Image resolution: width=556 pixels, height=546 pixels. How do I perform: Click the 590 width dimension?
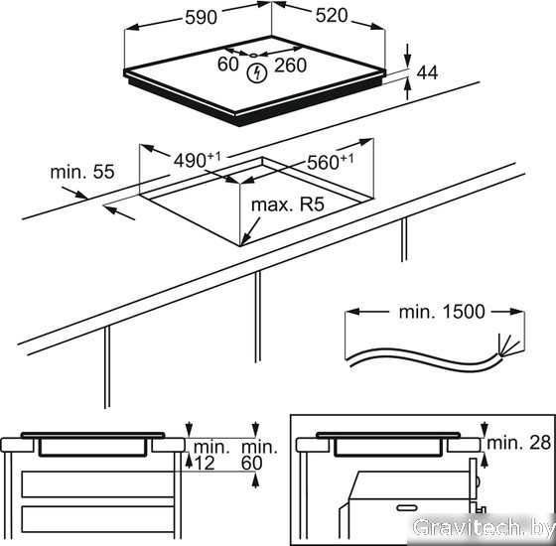tap(201, 18)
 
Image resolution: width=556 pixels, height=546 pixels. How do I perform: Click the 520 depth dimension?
tap(332, 16)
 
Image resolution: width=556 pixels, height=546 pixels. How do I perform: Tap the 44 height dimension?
tap(427, 72)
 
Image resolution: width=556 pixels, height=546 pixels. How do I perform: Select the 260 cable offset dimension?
tap(290, 66)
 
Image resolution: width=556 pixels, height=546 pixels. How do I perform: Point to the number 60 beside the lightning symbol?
tap(227, 65)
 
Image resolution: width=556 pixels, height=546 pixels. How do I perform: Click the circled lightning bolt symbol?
tap(256, 73)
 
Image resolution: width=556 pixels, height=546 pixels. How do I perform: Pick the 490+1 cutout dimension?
tap(197, 160)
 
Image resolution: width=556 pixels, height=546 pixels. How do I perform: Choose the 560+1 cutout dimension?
tap(330, 162)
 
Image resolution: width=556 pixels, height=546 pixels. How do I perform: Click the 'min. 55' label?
tap(82, 172)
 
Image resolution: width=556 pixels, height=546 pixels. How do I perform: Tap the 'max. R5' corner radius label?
tap(288, 205)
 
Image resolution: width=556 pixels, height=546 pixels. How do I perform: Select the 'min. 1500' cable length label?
tap(442, 312)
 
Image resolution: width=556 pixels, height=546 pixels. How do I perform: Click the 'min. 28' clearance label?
tap(519, 442)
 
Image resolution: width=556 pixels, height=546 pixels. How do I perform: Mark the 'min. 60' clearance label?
tap(259, 455)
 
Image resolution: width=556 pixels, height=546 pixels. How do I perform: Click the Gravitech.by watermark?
tap(484, 528)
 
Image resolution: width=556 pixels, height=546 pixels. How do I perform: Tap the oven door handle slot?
tap(407, 507)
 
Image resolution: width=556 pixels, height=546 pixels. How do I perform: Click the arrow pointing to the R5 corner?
tap(250, 231)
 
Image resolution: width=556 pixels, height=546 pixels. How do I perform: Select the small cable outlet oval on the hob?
tap(252, 55)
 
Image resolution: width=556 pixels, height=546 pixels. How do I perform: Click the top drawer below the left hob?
tap(98, 484)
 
